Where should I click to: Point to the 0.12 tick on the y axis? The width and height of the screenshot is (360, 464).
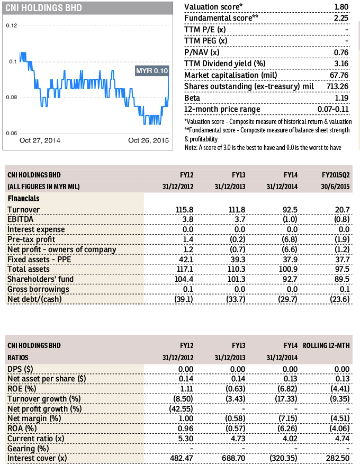(11, 25)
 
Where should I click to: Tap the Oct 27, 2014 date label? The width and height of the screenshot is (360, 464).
(40, 140)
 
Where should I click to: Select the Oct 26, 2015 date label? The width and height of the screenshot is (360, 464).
(148, 140)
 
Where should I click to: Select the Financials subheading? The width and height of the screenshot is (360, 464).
(24, 199)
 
